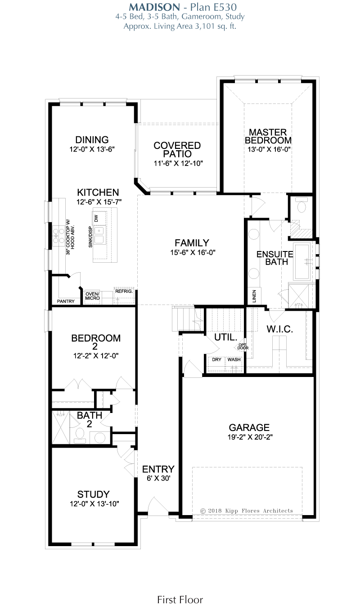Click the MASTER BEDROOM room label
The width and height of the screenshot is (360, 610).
coord(268,136)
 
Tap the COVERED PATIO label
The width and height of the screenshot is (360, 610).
coord(177,149)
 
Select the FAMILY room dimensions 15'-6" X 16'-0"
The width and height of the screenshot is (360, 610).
coord(193,252)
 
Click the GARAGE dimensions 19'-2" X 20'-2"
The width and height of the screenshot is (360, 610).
coord(250,437)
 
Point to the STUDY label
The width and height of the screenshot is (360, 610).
coord(94,494)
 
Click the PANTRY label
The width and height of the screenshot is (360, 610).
coord(66,301)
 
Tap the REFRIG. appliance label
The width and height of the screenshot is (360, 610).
coord(124,291)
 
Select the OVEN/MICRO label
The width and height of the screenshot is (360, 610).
coord(92,296)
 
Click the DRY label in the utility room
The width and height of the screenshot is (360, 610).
coord(216,359)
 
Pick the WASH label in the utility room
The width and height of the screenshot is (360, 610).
coord(234,359)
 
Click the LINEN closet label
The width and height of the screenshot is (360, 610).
coord(254,296)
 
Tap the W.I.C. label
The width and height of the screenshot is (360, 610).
coord(279,329)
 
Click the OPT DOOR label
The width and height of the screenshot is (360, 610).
coord(243,346)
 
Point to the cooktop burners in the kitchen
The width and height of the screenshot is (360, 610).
coord(58,236)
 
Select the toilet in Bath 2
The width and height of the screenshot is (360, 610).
coord(80,434)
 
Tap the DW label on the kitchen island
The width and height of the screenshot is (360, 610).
coord(96,218)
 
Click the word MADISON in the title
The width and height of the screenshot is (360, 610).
coord(154,7)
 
